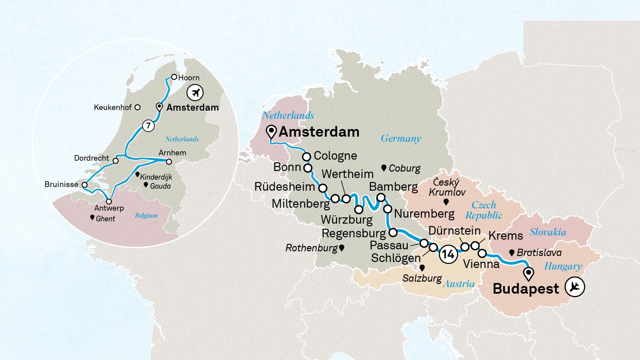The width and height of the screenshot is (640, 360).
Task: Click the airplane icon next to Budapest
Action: pos(575,287)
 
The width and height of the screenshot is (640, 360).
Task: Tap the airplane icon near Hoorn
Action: pos(195,92)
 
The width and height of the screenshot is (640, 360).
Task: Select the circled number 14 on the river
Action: pos(448,255)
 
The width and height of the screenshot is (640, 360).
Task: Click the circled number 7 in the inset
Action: pos(148,126)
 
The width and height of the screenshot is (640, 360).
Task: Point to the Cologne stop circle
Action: pos(306,156)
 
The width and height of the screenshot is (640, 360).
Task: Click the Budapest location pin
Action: pos(528,273)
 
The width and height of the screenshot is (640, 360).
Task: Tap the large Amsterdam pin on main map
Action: pos(272,131)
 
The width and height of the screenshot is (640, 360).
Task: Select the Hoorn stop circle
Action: pos(174,77)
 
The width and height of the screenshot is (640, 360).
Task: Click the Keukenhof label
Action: pos(113,107)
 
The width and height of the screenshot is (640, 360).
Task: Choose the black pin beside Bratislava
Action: pos(512,253)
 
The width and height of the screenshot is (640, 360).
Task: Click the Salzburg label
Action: pos(422,278)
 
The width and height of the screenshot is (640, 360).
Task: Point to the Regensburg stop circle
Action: pos(393,232)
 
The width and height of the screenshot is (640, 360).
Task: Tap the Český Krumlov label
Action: pos(447,187)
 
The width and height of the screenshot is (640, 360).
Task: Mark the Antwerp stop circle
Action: pos(109,201)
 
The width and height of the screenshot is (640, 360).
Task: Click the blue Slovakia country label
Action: pos(548,232)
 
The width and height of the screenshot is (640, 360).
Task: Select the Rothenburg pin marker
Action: pos(341,248)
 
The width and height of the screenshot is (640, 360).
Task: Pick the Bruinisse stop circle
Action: pos(85,185)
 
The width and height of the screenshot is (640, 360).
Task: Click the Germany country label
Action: pos(401,138)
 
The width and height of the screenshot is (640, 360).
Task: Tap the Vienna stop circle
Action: pos(482,254)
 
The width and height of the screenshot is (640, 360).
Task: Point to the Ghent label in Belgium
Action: pos(105,219)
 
